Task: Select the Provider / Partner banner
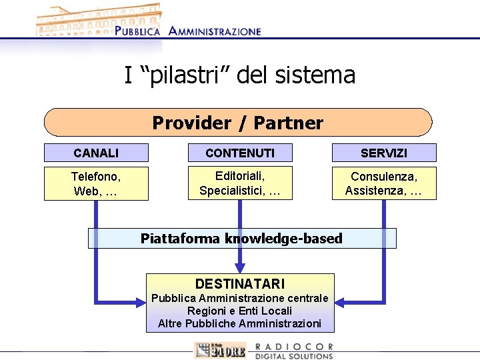tap(238, 123)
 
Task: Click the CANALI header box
tap(96, 153)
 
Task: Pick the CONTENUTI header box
tap(240, 153)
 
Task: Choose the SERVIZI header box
tap(384, 153)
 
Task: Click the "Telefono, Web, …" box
tap(96, 183)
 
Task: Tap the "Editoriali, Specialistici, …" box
tap(240, 183)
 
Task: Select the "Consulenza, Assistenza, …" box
tap(384, 183)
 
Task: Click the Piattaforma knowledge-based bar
tap(242, 238)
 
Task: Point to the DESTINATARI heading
tap(240, 283)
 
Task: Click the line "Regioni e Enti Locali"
tap(240, 311)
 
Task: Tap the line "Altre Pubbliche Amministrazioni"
tap(240, 323)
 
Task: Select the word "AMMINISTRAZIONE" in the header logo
tap(215, 31)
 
